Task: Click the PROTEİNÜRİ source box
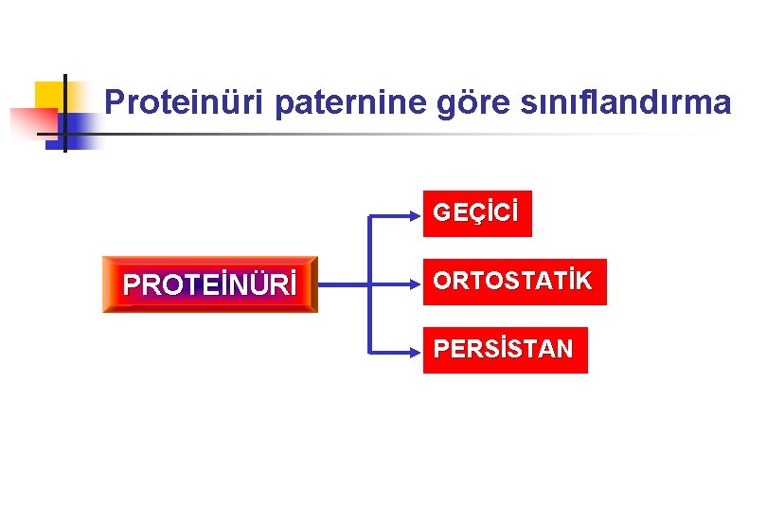pyautogui.click(x=210, y=283)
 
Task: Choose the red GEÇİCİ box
pyautogui.click(x=476, y=213)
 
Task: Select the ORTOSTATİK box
pyautogui.click(x=513, y=282)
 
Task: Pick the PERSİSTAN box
pyautogui.click(x=504, y=350)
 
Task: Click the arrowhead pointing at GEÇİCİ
pyautogui.click(x=417, y=215)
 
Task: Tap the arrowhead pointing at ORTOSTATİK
pyautogui.click(x=417, y=283)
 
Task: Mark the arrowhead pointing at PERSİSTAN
pyautogui.click(x=417, y=351)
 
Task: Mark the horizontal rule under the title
pyautogui.click(x=379, y=134)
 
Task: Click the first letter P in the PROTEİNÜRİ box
pyautogui.click(x=133, y=284)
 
